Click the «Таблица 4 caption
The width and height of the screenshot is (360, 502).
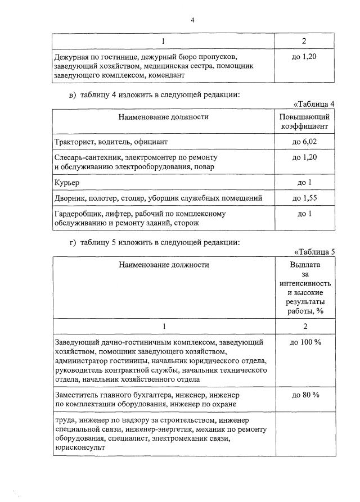pyautogui.click(x=314, y=104)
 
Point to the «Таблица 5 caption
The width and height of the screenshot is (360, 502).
pyautogui.click(x=314, y=252)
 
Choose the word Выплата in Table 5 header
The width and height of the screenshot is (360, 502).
pyautogui.click(x=304, y=265)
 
